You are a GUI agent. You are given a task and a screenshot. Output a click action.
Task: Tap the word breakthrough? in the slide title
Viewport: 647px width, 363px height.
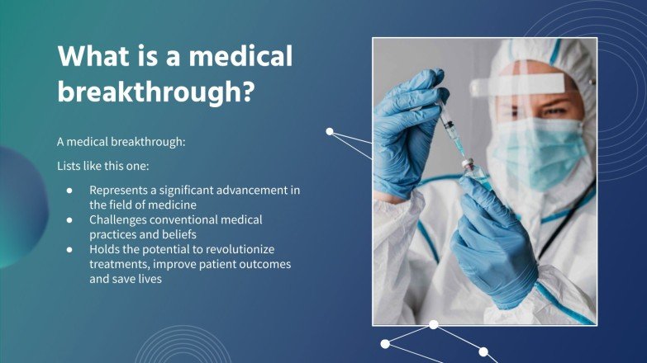tap(155, 92)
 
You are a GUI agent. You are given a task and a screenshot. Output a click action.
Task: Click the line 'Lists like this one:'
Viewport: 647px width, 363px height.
tap(102, 166)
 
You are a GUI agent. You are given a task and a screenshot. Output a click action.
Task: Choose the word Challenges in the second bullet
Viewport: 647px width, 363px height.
tap(120, 219)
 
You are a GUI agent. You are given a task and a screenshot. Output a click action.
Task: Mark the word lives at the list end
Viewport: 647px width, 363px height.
tap(150, 279)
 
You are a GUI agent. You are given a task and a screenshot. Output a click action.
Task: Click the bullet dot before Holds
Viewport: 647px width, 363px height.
tap(70, 249)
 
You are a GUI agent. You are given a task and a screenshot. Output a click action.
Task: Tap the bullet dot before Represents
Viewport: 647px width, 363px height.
tap(70, 191)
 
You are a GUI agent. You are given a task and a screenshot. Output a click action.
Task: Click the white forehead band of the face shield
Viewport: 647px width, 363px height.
tap(521, 83)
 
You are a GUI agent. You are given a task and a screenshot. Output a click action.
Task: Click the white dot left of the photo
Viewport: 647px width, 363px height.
tap(330, 131)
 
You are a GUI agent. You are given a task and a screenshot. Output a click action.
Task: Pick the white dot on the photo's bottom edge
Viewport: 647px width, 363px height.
tap(433, 325)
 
